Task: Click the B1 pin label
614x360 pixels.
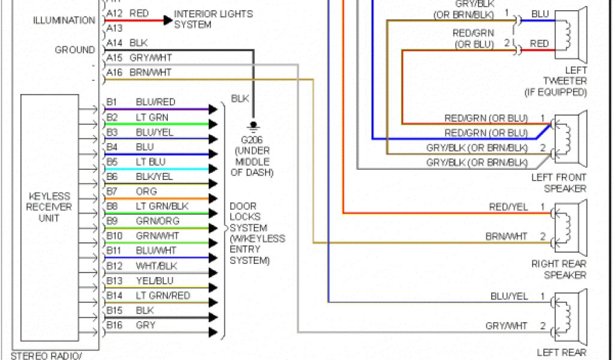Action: (x=112, y=103)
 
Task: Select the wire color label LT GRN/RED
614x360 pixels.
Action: (x=162, y=295)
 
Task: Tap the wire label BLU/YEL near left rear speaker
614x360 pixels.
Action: (x=509, y=296)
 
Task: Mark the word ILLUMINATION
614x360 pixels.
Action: (x=64, y=20)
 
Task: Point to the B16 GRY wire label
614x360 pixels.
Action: (x=146, y=325)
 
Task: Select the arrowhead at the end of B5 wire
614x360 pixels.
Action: (x=213, y=169)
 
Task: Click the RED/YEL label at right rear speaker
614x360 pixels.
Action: (x=508, y=208)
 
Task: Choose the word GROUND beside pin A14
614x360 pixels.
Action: (x=75, y=50)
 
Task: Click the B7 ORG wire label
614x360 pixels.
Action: (x=146, y=191)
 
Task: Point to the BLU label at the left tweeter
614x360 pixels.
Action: (x=540, y=14)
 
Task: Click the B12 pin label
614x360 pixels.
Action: (x=114, y=266)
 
